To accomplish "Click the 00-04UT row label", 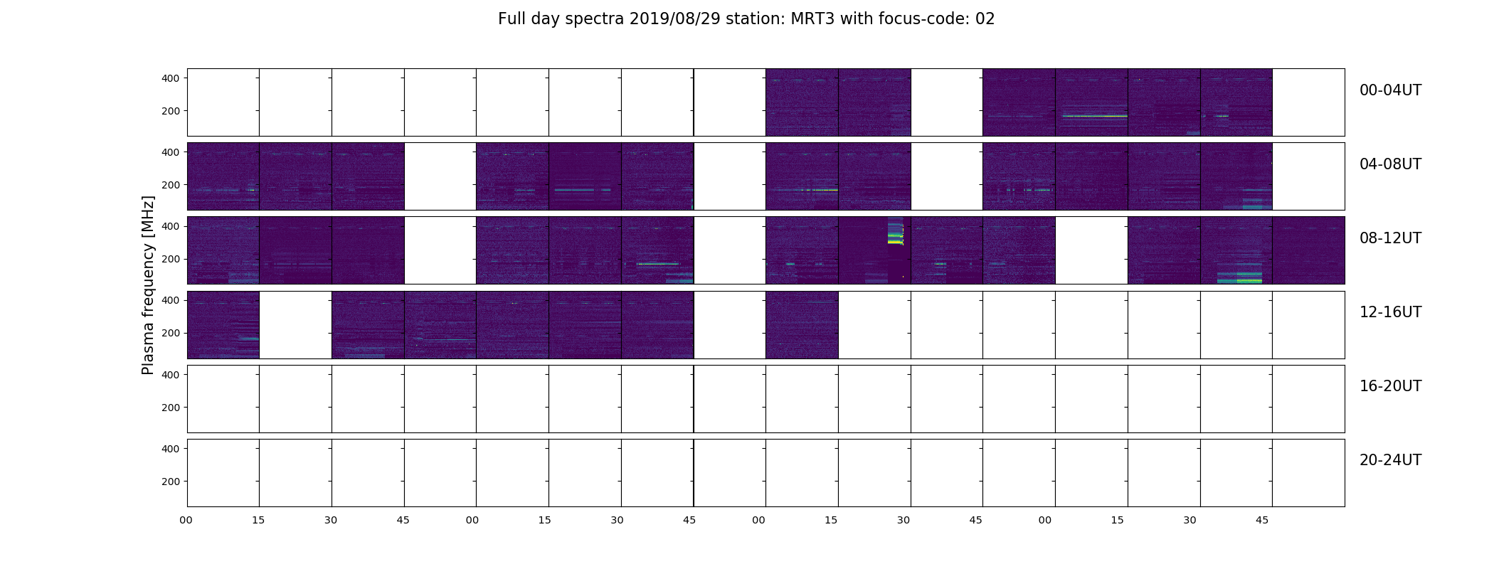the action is pyautogui.click(x=1390, y=90).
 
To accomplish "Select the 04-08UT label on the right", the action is pyautogui.click(x=1390, y=164).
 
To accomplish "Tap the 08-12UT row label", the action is pyautogui.click(x=1390, y=238).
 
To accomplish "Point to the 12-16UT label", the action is pyautogui.click(x=1390, y=312).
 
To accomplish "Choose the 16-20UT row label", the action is pyautogui.click(x=1390, y=386).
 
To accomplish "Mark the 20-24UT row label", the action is pyautogui.click(x=1390, y=460).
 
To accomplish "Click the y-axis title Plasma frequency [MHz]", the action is pyautogui.click(x=148, y=285).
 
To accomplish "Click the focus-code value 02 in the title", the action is pyautogui.click(x=985, y=19).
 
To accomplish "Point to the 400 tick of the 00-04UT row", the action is pyautogui.click(x=171, y=78).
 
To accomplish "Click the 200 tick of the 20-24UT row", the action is pyautogui.click(x=171, y=482).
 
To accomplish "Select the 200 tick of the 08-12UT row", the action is pyautogui.click(x=171, y=259).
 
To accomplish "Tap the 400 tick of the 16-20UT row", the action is pyautogui.click(x=171, y=375).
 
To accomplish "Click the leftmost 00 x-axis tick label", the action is pyautogui.click(x=186, y=521).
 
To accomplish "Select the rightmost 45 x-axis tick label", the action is pyautogui.click(x=1262, y=521).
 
